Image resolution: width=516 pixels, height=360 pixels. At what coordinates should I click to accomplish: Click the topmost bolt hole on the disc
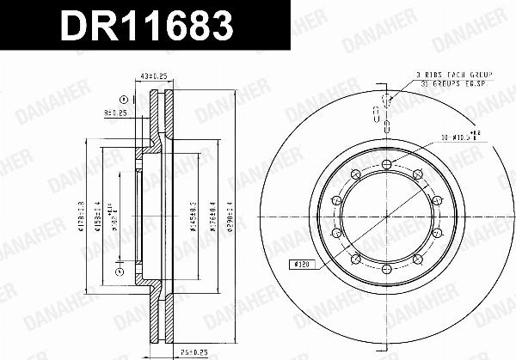click(x=385, y=162)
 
